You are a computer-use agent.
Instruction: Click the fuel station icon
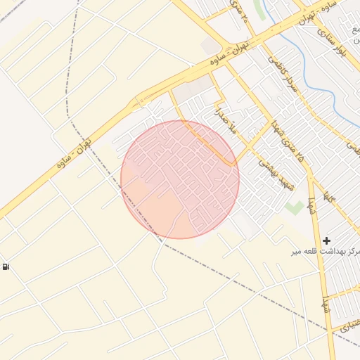[x=6, y=266]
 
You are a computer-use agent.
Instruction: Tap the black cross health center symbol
[x=326, y=240]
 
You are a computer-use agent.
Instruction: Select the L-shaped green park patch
[x=294, y=208]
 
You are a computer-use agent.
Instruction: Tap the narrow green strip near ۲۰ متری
[x=261, y=11]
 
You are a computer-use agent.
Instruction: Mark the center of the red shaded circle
[x=180, y=179]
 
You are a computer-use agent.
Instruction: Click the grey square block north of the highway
[x=210, y=46]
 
